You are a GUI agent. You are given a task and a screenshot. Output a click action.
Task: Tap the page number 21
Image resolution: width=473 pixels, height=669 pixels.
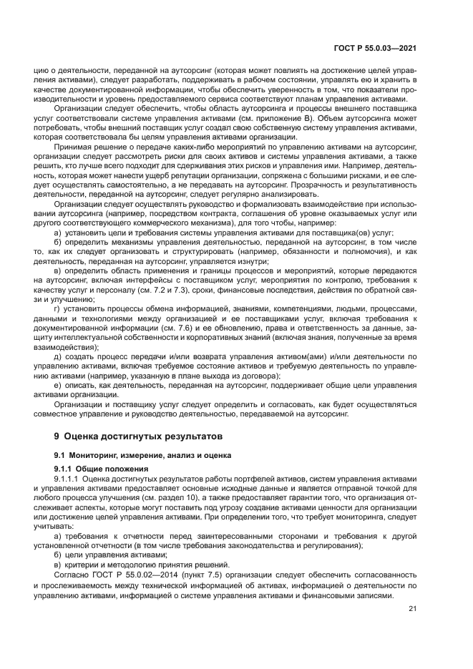point(412,609)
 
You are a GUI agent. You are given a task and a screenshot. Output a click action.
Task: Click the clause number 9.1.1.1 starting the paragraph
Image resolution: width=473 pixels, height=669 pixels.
point(69,479)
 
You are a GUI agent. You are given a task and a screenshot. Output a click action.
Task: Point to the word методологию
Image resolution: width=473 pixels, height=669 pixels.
point(125,563)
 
